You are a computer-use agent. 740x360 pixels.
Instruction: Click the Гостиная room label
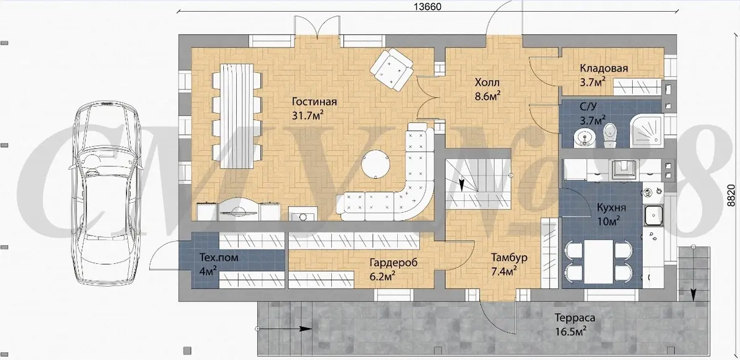(314, 101)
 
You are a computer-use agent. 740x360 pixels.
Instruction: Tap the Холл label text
(487, 82)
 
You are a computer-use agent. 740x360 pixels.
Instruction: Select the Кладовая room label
(604, 68)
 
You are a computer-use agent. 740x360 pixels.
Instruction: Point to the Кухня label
(612, 208)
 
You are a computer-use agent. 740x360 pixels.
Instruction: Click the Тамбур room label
(509, 257)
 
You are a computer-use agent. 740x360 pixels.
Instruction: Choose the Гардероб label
(393, 263)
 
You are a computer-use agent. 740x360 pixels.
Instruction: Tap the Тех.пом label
(219, 257)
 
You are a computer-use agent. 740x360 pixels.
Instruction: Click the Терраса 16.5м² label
(575, 324)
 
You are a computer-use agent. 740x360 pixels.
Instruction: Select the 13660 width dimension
(427, 7)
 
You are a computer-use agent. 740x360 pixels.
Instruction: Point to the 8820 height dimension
(732, 195)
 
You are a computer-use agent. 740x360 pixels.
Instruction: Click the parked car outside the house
(107, 193)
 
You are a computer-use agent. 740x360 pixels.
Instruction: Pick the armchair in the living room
(392, 70)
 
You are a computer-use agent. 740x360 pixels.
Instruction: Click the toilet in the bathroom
(609, 135)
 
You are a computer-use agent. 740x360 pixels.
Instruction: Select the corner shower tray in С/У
(646, 131)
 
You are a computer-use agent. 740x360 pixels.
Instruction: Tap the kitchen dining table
(598, 261)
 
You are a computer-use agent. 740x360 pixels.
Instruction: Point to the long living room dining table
(237, 116)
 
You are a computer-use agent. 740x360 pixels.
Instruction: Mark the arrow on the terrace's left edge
(284, 329)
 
